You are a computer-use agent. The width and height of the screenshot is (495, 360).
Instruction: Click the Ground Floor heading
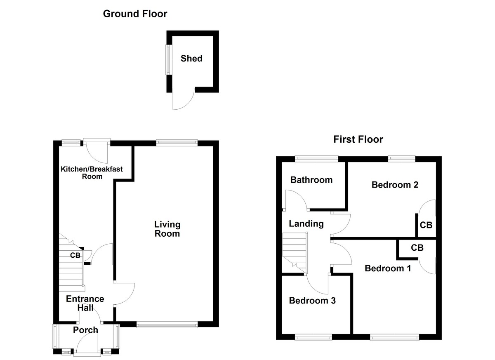tap(135, 14)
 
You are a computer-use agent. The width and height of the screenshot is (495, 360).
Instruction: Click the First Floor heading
tap(358, 139)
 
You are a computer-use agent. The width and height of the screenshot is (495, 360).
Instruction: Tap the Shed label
tap(191, 59)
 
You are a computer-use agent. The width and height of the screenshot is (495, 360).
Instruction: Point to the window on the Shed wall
tap(168, 60)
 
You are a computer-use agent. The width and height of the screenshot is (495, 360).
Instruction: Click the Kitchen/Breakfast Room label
tap(92, 172)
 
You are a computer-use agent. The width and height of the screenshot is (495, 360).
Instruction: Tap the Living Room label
tap(167, 229)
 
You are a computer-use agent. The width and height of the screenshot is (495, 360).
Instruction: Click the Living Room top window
tap(177, 143)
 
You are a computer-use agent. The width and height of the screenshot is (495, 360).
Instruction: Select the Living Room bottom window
tap(167, 325)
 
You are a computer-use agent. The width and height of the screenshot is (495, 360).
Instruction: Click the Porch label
tap(85, 330)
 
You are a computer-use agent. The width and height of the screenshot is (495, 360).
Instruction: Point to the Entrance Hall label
tap(85, 303)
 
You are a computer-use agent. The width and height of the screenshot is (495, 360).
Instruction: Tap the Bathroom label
tap(311, 180)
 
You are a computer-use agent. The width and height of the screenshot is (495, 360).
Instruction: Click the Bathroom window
tap(316, 158)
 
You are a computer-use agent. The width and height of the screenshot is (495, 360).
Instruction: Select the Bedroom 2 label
tap(395, 185)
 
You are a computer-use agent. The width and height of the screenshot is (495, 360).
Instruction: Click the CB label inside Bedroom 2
tap(426, 225)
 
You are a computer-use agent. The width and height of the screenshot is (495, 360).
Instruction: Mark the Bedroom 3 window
tap(314, 338)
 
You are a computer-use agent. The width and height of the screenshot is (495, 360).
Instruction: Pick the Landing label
tap(306, 224)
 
